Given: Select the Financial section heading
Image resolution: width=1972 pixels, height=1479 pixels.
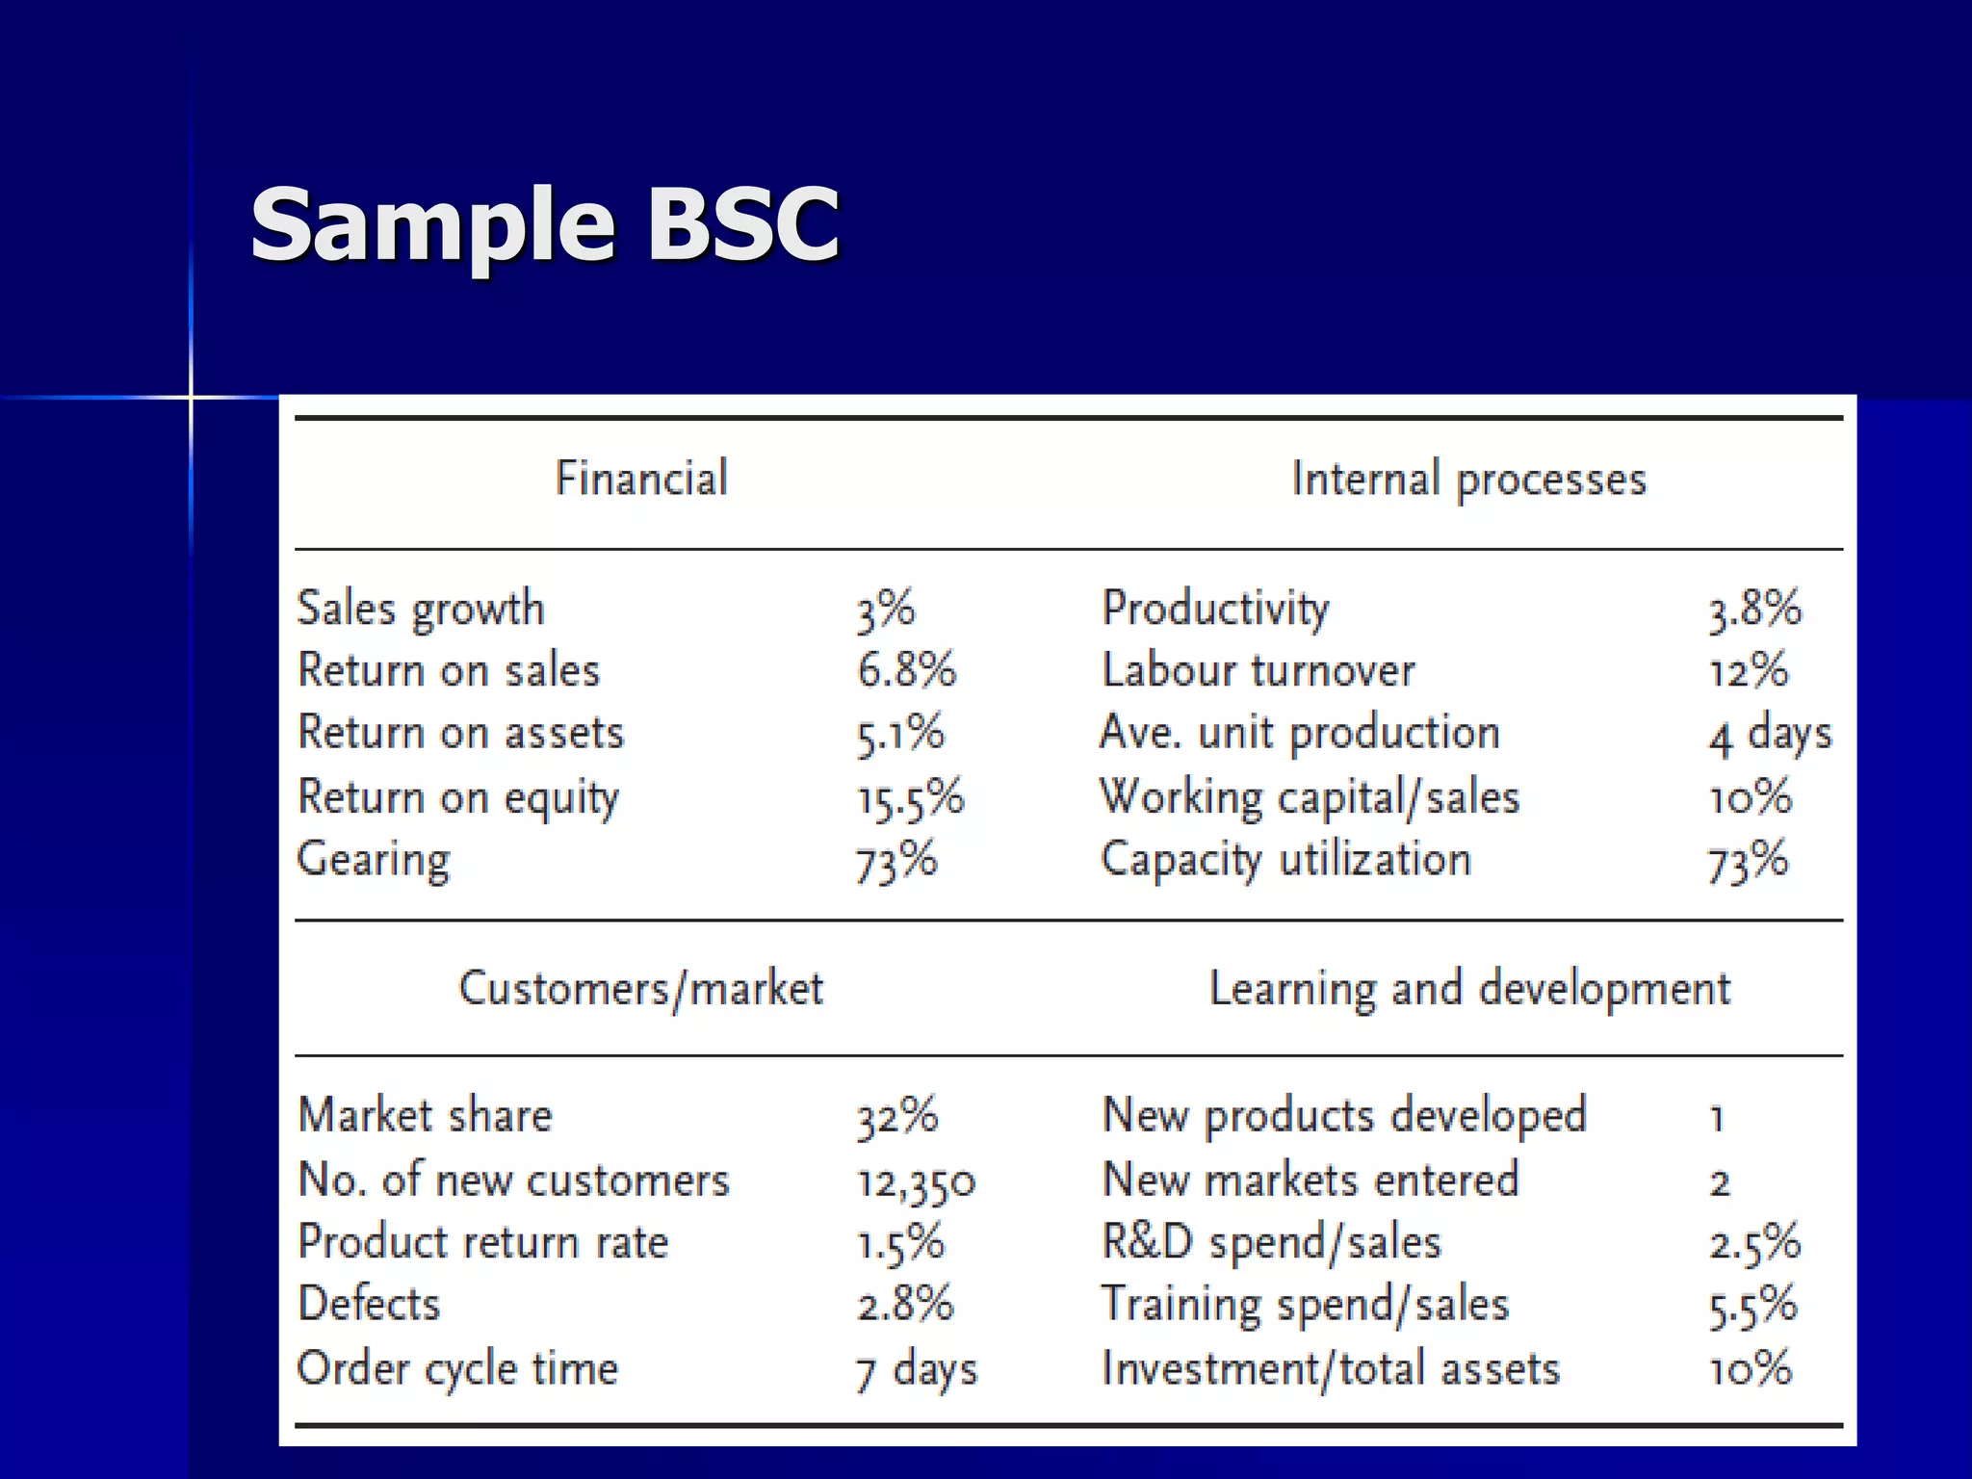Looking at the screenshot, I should click(641, 479).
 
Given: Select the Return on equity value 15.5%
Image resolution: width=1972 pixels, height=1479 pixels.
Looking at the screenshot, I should click(910, 798).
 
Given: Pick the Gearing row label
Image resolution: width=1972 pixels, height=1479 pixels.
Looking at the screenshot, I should click(374, 860).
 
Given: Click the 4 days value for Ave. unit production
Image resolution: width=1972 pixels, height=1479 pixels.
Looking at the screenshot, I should click(1770, 735).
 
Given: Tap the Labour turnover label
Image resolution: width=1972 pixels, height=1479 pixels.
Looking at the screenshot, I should click(1258, 670).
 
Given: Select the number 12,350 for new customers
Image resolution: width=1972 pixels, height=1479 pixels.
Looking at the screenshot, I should click(916, 1181).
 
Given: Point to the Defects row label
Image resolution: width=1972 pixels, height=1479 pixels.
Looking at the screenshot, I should click(369, 1305).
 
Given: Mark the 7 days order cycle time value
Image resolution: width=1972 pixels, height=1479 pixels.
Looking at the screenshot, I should click(916, 1369).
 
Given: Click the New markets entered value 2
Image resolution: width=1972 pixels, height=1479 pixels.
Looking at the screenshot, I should click(1720, 1181).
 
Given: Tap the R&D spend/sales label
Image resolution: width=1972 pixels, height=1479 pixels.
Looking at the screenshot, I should click(1271, 1242).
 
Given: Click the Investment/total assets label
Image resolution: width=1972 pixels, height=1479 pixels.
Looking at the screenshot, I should click(1331, 1369).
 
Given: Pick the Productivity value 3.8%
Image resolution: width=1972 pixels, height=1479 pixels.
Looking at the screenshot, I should click(1754, 610).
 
